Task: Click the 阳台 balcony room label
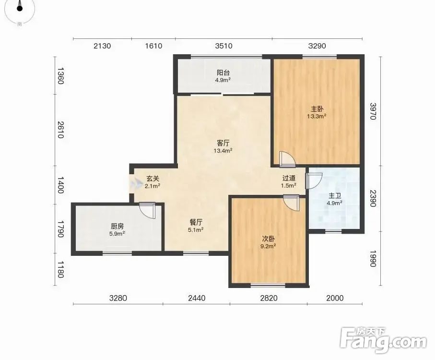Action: [223, 73]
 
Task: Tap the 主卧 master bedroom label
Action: [317, 109]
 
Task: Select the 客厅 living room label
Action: [223, 143]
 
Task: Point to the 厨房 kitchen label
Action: [117, 226]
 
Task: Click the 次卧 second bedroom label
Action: [269, 239]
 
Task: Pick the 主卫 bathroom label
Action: [334, 196]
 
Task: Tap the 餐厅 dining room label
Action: [196, 222]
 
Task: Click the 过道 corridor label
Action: [289, 178]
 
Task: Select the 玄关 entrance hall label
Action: [153, 179]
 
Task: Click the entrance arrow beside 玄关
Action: [136, 183]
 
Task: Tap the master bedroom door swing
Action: [287, 159]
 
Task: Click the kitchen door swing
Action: [147, 211]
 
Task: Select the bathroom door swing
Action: [314, 180]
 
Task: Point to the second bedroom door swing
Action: [291, 203]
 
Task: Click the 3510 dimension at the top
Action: [224, 46]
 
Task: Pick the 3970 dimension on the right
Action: [373, 111]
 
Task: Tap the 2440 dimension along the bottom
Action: [197, 298]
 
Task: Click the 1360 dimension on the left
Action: [61, 76]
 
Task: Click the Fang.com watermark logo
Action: [383, 340]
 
